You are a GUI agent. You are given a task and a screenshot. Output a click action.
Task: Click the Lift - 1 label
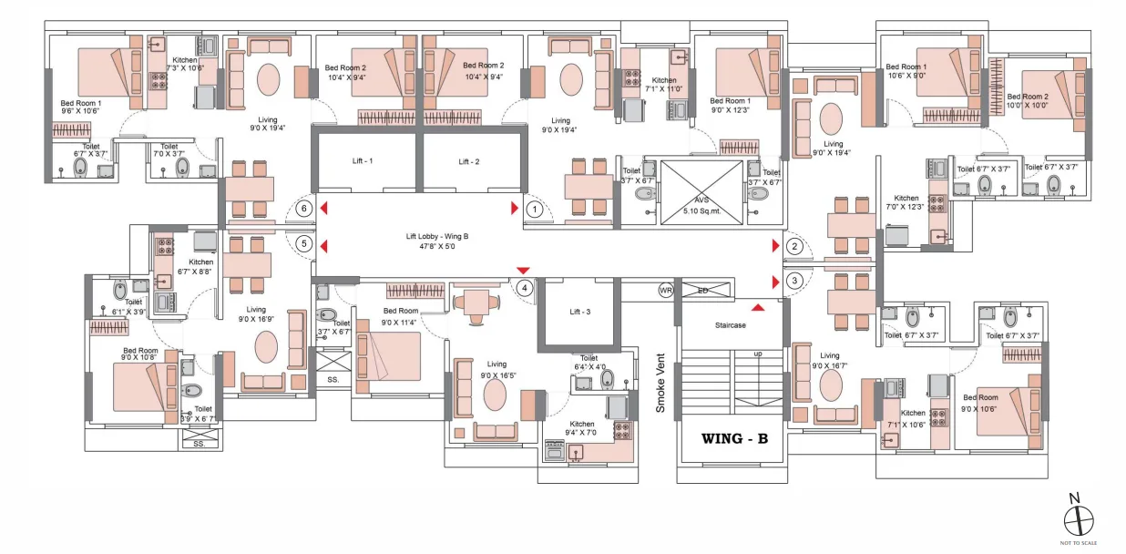(363, 161)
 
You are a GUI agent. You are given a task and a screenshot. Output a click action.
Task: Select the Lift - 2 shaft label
(469, 161)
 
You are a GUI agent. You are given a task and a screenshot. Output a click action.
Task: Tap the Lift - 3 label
(580, 312)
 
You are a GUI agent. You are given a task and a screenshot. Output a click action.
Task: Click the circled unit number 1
(536, 209)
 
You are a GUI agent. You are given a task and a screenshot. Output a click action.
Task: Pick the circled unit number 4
(525, 288)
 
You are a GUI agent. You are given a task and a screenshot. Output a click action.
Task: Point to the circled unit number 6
(304, 208)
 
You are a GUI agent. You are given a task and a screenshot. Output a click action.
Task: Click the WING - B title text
(734, 438)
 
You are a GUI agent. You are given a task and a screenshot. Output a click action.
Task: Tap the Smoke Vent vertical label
(661, 382)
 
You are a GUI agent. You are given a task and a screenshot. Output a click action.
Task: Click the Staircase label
(729, 325)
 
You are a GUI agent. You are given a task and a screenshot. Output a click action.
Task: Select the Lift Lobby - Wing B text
(438, 241)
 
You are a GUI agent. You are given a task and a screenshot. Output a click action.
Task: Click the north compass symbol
(1079, 520)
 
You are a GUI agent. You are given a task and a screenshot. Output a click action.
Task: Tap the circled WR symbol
(666, 291)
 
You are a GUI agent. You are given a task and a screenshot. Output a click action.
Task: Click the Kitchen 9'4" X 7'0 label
(582, 428)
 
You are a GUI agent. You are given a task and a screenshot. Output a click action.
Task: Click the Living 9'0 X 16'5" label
(496, 369)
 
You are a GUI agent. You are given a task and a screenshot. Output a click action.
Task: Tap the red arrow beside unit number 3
(775, 282)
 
